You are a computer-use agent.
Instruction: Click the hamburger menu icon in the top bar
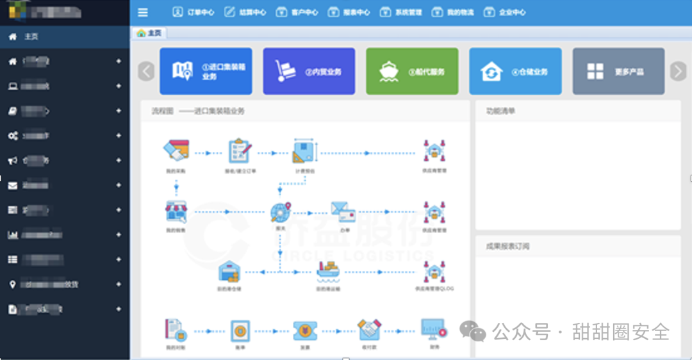143,12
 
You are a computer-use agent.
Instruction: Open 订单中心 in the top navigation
194,12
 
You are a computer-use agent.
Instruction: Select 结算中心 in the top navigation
245,12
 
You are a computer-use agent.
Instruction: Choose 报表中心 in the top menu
349,12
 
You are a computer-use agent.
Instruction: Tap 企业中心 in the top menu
505,12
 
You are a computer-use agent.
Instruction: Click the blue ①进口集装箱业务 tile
206,71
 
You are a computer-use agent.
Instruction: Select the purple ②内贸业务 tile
309,71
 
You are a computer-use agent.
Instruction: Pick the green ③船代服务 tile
412,71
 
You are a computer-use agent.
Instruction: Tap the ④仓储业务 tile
515,71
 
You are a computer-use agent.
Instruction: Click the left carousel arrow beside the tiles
146,71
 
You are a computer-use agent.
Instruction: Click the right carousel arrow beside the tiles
678,71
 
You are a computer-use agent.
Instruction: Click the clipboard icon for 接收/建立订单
240,151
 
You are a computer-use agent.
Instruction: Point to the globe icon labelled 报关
280,212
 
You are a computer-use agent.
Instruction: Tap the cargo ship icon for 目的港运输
327,272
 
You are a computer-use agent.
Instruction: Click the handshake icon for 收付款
368,330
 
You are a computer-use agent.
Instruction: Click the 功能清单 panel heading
500,111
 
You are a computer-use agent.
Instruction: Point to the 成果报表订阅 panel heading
507,246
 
